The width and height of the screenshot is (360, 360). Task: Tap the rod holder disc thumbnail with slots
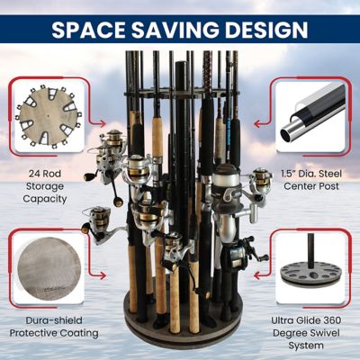tap(43, 116)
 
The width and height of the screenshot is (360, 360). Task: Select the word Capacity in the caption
tap(44, 200)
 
